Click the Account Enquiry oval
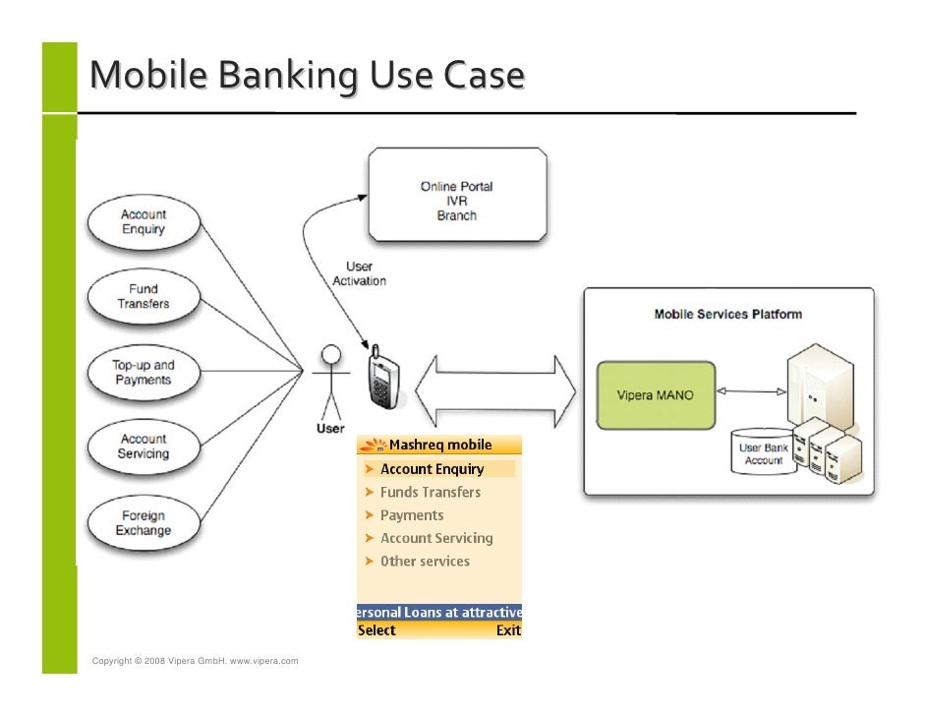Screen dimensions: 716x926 pos(144,222)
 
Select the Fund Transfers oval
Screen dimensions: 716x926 pos(144,297)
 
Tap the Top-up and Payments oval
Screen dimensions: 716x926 pos(144,373)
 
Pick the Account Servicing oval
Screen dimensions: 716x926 pos(144,447)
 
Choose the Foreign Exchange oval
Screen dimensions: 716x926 pos(144,522)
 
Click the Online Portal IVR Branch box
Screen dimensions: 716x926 pos(456,195)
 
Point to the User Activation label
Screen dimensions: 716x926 pos(360,273)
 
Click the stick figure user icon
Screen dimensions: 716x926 pos(331,384)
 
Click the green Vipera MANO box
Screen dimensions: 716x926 pos(655,395)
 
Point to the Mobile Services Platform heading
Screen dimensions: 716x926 pos(728,315)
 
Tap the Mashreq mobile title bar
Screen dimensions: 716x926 pos(439,445)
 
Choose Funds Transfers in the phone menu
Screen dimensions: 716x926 pos(431,492)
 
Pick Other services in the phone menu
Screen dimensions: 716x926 pos(425,562)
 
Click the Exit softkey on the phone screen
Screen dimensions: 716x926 pos(508,630)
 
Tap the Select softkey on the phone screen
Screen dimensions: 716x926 pos(376,630)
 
